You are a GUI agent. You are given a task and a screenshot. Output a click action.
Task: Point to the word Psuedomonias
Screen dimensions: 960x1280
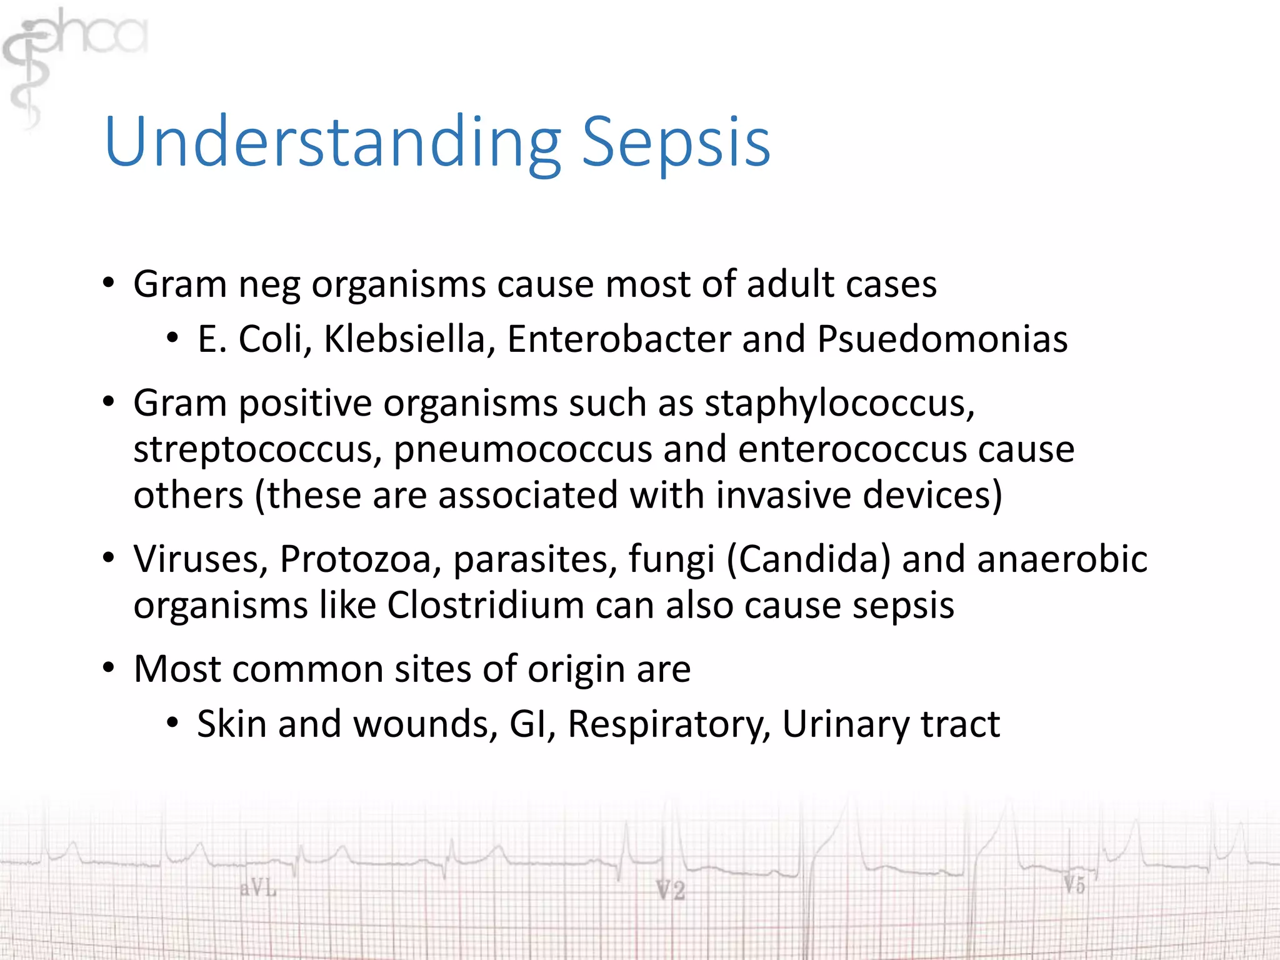(x=942, y=339)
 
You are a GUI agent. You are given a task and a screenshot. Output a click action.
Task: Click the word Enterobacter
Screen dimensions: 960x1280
(x=618, y=339)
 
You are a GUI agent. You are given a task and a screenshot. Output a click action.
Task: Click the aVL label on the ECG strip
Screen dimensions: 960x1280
(x=257, y=888)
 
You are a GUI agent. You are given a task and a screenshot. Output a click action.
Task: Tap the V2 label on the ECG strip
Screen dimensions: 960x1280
(x=670, y=890)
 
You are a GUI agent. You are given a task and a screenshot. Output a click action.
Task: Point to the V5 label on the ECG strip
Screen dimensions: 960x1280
(x=1074, y=884)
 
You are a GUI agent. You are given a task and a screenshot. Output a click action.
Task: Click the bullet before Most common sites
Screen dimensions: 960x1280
(x=109, y=667)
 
